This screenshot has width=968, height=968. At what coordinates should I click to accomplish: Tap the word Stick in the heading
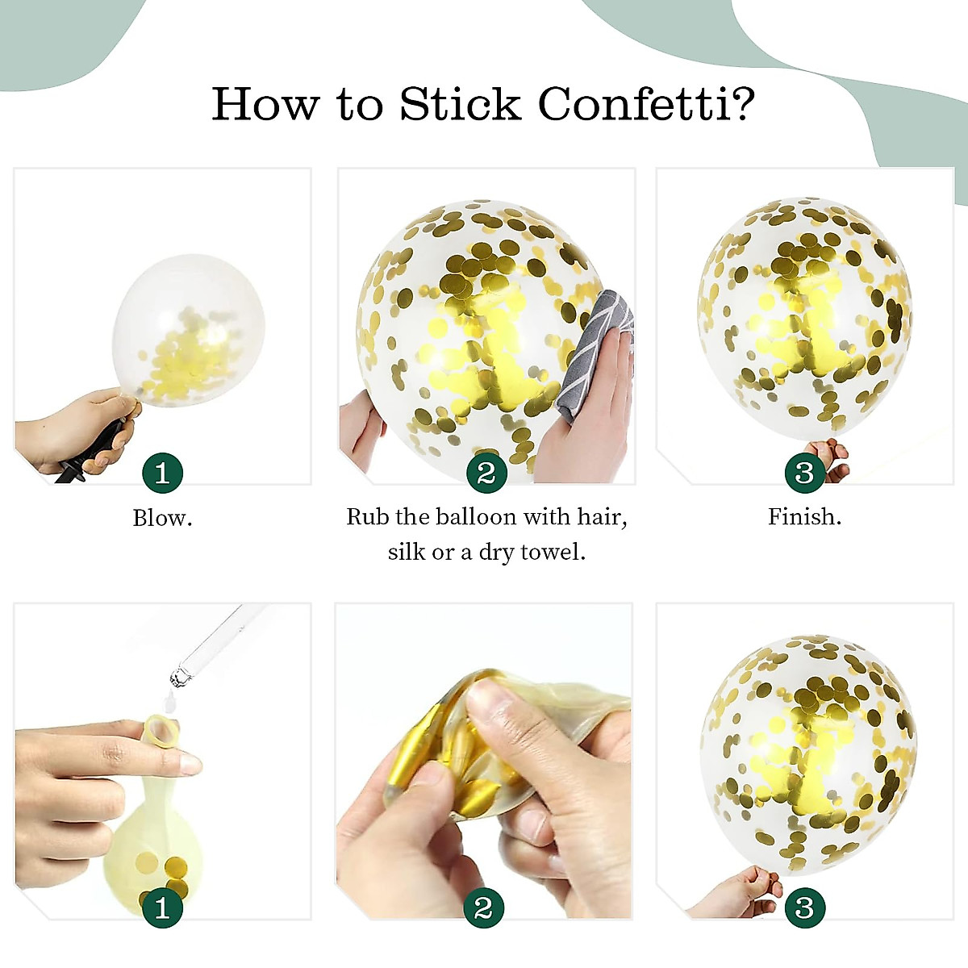tap(461, 104)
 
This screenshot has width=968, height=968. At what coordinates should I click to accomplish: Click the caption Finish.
tap(804, 516)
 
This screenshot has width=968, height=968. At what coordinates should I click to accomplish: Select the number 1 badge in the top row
tap(162, 473)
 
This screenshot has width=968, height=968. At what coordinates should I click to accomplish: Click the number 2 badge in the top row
tap(486, 473)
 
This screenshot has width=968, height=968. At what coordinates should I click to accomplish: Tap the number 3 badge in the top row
tap(804, 473)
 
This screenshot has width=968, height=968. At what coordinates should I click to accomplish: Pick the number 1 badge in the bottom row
tap(162, 908)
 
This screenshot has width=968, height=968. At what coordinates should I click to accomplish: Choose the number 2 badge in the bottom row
tap(483, 908)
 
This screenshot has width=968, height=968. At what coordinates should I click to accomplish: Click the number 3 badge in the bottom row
tap(804, 908)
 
